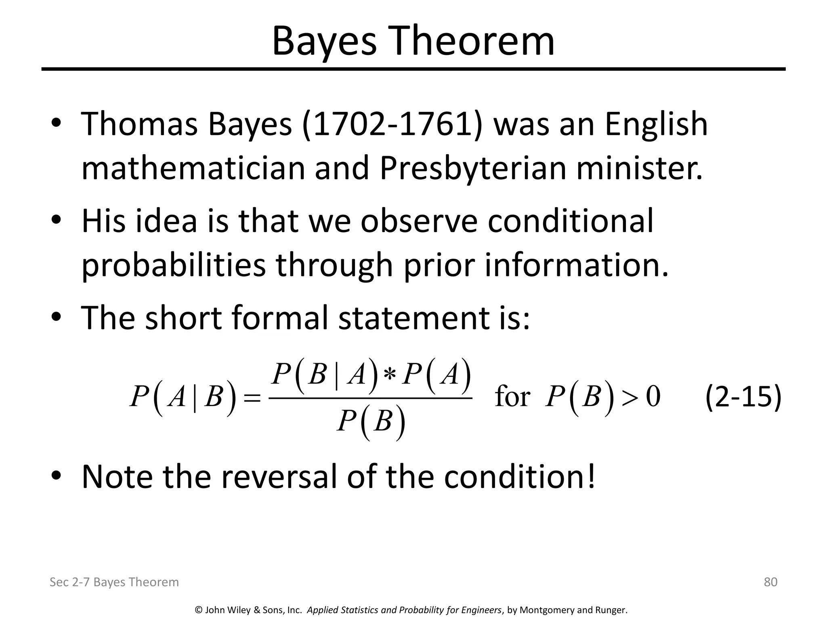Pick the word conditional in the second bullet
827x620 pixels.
[x=570, y=221]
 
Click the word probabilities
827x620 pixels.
[x=174, y=265]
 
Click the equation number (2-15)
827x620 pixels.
[x=743, y=397]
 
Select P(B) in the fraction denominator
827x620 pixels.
[x=371, y=422]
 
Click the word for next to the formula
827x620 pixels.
[x=512, y=397]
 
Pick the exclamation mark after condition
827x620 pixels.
[x=591, y=476]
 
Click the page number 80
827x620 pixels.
[x=770, y=582]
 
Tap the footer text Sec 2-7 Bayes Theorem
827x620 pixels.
[x=114, y=582]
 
